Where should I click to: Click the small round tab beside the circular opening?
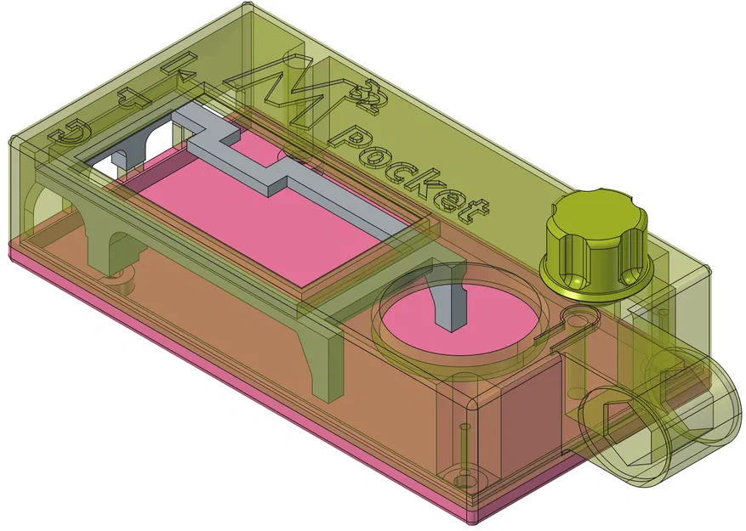[x=578, y=319]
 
